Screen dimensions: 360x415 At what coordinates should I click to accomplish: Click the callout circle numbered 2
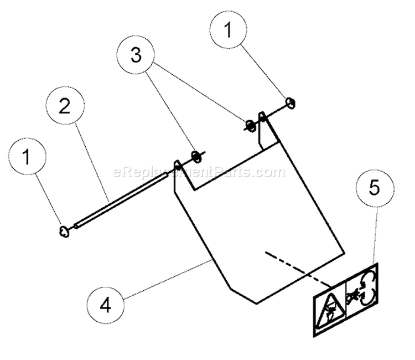point(65,106)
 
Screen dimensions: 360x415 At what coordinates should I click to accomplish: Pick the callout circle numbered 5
point(375,188)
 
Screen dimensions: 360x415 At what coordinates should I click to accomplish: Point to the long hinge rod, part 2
point(122,199)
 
